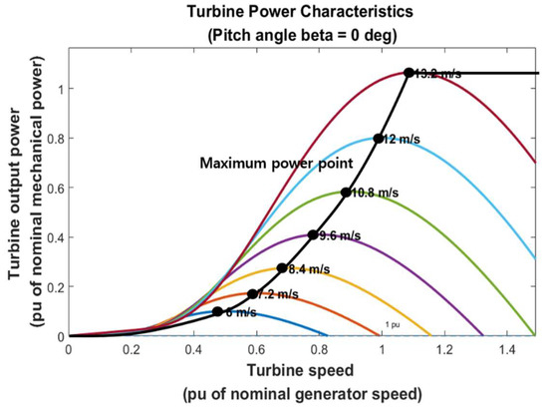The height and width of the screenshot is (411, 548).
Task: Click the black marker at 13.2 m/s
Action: (409, 73)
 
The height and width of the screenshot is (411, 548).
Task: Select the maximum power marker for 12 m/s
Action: (378, 140)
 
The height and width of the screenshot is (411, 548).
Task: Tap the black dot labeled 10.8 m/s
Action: (346, 193)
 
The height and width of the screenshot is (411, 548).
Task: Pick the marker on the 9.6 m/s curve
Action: (313, 235)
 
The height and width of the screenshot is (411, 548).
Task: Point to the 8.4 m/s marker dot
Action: (282, 268)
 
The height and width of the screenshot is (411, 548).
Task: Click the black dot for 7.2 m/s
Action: (252, 294)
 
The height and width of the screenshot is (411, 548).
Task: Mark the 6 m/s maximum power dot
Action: (217, 312)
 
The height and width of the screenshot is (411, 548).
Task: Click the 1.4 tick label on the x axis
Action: (507, 350)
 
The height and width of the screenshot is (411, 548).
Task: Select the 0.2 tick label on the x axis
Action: (131, 350)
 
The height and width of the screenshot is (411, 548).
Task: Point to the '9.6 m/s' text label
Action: (340, 236)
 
